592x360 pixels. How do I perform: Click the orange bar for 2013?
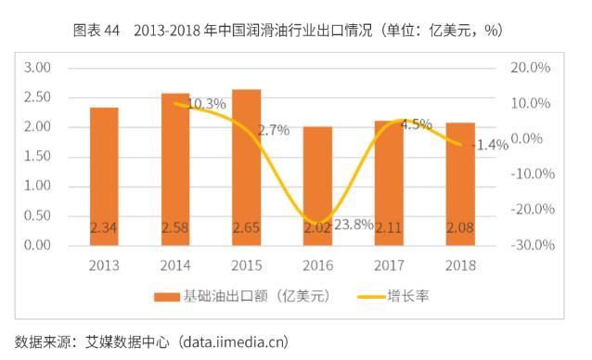click(x=104, y=176)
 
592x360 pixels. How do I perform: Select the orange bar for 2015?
click(x=246, y=167)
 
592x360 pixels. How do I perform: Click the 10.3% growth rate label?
click(x=206, y=104)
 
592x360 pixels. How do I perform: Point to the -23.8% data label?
click(x=350, y=224)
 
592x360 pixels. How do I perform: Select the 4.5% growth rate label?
click(x=416, y=124)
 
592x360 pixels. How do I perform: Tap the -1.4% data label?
click(x=490, y=145)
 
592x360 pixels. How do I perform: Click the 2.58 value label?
click(x=175, y=227)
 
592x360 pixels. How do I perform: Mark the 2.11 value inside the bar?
click(x=389, y=227)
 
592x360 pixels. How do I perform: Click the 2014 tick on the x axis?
click(x=175, y=265)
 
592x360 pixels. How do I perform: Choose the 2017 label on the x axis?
click(x=389, y=265)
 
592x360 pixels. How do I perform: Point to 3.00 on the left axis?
click(x=37, y=68)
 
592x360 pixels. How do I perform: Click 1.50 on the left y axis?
click(x=37, y=157)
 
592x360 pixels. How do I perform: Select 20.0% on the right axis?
click(x=532, y=68)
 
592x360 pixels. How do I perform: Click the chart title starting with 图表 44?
click(x=288, y=31)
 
